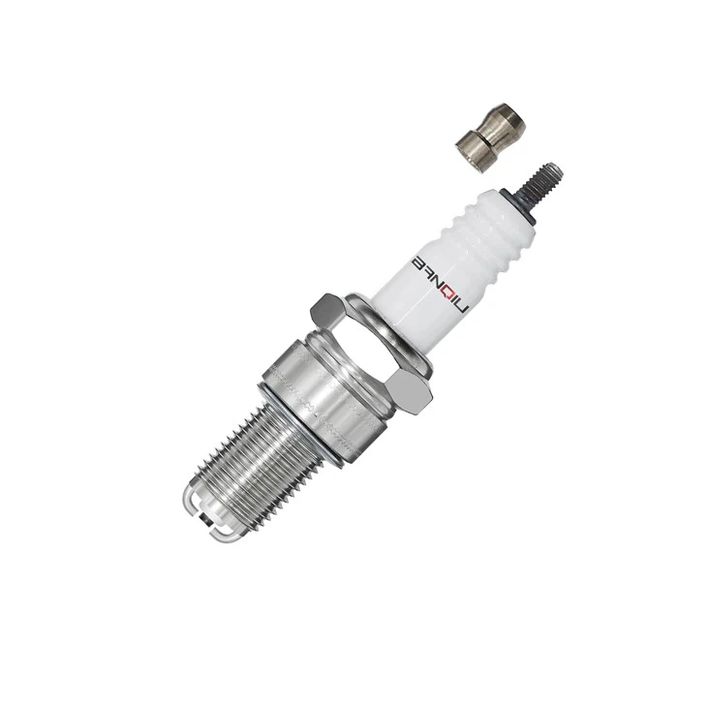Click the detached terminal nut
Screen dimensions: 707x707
[490, 135]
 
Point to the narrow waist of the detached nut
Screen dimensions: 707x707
[484, 138]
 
